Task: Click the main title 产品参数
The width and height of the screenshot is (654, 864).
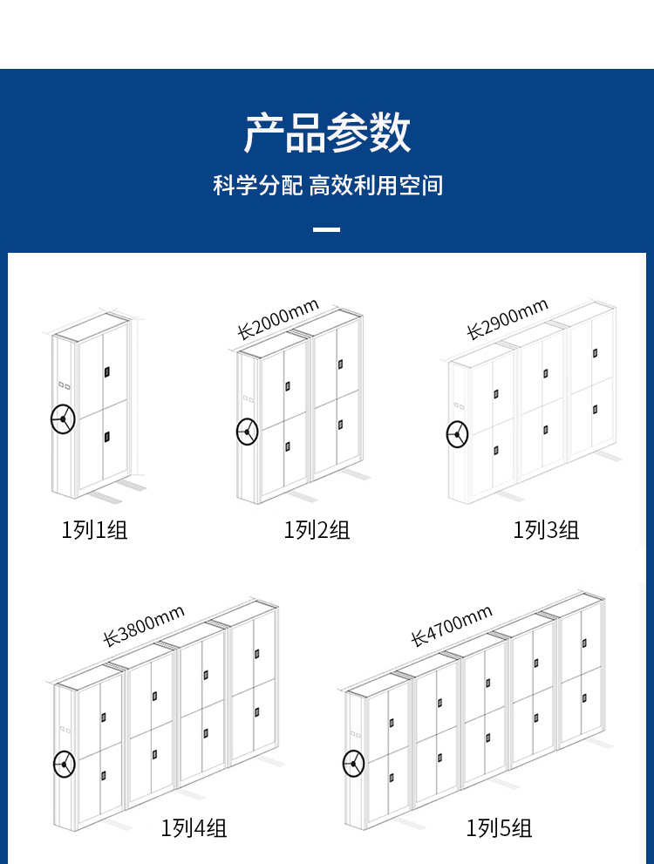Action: click(x=327, y=133)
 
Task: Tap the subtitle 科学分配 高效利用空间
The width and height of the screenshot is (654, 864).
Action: click(x=328, y=185)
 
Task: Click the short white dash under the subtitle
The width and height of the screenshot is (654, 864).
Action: click(x=327, y=229)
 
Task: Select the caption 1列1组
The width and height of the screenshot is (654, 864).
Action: click(x=94, y=530)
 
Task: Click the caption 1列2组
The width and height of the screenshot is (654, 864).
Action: click(x=317, y=530)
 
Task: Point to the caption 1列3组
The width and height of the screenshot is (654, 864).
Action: click(x=546, y=530)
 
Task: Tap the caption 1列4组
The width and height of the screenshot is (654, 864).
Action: click(x=194, y=827)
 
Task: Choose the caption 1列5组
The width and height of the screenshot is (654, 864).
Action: click(x=499, y=827)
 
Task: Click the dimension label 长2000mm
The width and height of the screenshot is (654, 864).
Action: click(x=278, y=318)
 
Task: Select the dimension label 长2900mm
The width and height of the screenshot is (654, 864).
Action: click(x=508, y=318)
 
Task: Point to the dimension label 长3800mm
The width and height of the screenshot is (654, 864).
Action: click(x=144, y=625)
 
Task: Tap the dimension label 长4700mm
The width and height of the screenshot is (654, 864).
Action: click(x=451, y=625)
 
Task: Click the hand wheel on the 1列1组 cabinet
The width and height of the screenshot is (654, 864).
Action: click(x=63, y=419)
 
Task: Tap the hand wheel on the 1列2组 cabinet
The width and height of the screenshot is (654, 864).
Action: click(x=248, y=432)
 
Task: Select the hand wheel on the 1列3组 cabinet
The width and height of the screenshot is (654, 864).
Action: click(x=457, y=435)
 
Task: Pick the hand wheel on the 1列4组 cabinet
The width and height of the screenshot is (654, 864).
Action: click(x=65, y=764)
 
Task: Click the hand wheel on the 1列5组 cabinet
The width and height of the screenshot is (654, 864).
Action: click(x=353, y=764)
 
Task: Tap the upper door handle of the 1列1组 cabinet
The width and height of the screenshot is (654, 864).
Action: click(x=107, y=372)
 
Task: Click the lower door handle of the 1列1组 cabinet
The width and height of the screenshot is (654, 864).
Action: click(x=107, y=437)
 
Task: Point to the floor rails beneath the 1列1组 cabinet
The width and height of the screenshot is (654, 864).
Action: click(x=119, y=490)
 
